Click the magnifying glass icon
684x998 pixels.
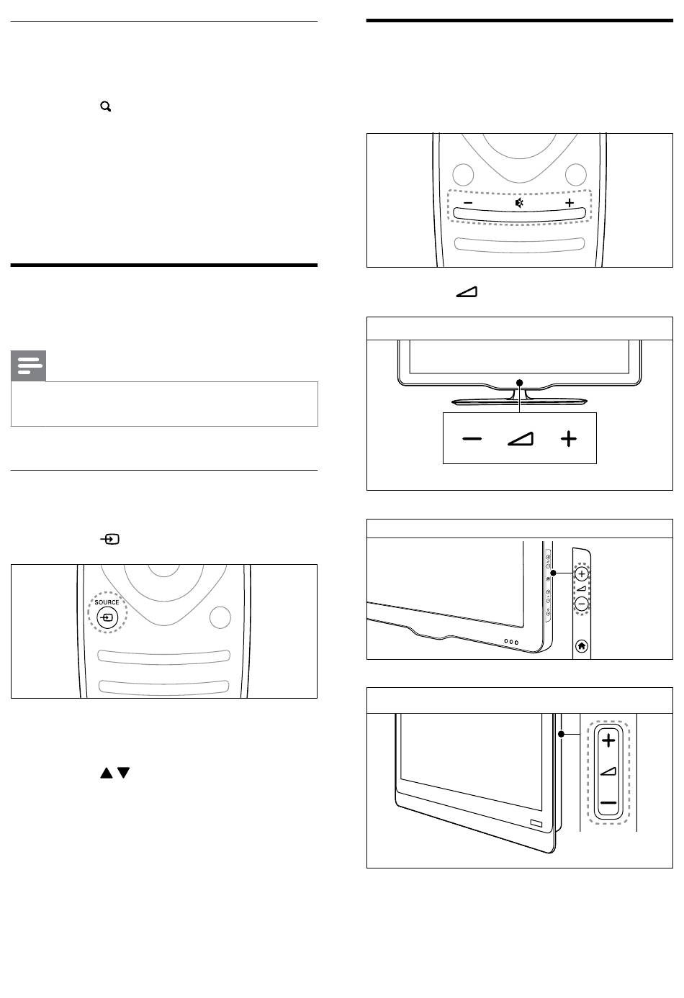[x=106, y=106]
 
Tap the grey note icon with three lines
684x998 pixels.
[x=29, y=366]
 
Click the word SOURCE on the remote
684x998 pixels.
[x=107, y=602]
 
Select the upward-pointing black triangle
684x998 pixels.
[x=107, y=773]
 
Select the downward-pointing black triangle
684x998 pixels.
[x=124, y=773]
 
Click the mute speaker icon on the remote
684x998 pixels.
[x=519, y=203]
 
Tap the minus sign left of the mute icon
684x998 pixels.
[x=468, y=203]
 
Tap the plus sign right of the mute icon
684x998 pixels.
[x=570, y=203]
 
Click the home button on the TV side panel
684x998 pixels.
[x=582, y=646]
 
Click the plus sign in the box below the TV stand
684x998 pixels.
[x=569, y=439]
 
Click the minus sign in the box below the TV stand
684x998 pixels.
[x=472, y=439]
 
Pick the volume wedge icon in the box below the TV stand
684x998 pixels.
[x=521, y=439]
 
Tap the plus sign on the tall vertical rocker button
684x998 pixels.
[x=608, y=740]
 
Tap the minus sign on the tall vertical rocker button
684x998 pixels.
[x=608, y=803]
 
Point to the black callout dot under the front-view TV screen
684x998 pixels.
[x=519, y=382]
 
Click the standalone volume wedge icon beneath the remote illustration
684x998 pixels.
[x=467, y=292]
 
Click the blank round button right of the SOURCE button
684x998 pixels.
[x=220, y=617]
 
